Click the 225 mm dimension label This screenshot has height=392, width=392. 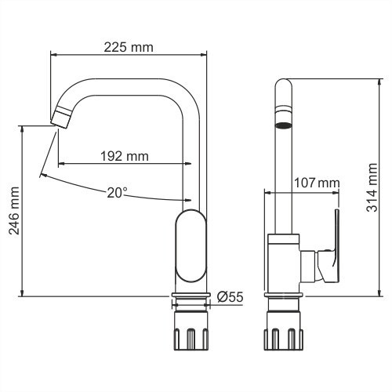tap(129, 47)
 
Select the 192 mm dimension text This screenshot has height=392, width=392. tap(124, 156)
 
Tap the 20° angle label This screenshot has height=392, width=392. tap(117, 191)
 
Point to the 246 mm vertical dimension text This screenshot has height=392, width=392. tap(13, 211)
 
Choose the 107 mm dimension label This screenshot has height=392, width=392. tap(316, 183)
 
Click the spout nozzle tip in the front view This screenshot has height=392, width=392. tap(60, 119)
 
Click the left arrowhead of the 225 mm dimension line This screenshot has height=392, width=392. tap(54, 55)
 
